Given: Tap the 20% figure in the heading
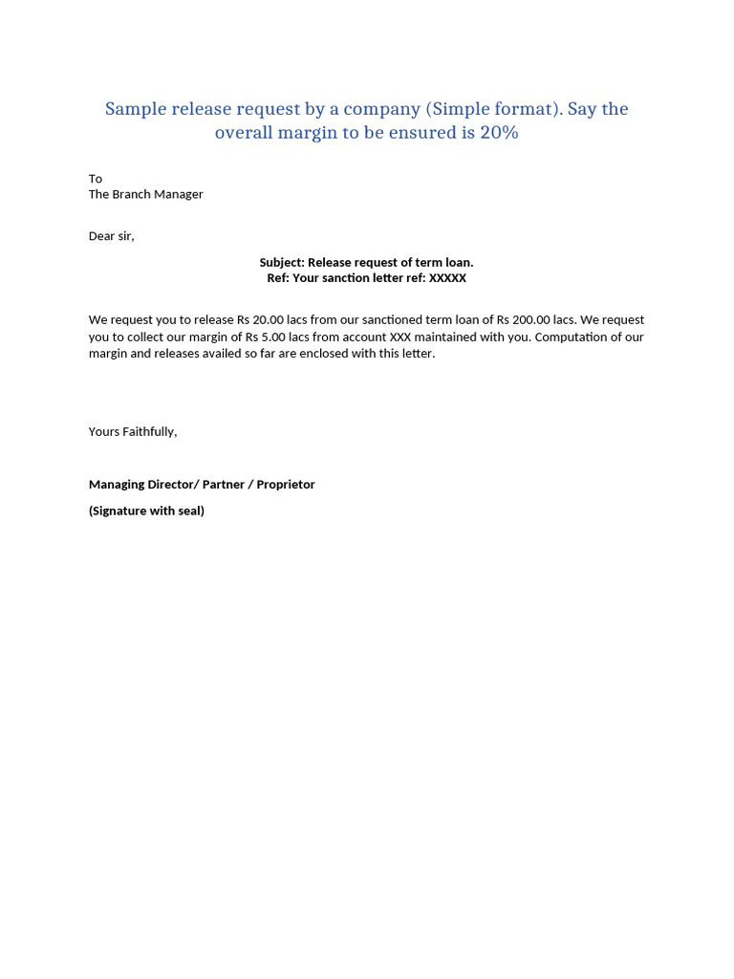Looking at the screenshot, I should click(499, 133).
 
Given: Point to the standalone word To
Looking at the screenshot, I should click(96, 179).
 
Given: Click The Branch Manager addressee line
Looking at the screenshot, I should click(146, 194).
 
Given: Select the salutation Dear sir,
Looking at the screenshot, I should click(112, 236).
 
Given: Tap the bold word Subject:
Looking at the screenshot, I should click(282, 262).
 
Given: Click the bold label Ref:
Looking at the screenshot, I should click(278, 278).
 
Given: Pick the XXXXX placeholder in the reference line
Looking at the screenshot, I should click(447, 278).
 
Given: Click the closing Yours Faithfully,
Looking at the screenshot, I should click(133, 432).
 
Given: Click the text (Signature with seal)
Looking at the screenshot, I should click(146, 511).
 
